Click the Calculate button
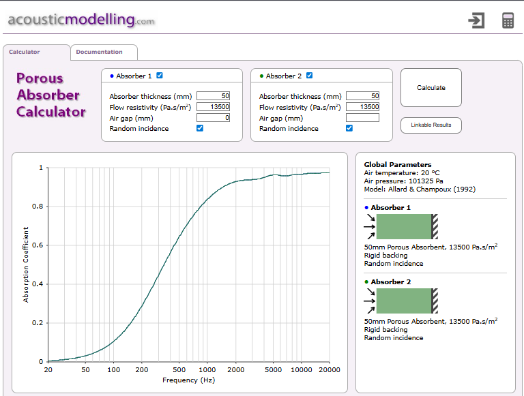tap(431, 87)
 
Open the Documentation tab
tap(100, 52)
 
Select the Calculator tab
tap(25, 52)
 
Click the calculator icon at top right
tap(508, 20)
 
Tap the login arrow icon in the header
tap(476, 20)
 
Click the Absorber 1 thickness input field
tap(213, 96)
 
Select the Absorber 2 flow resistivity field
tap(362, 107)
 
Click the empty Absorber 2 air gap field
tap(362, 118)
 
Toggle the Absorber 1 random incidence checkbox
tap(200, 128)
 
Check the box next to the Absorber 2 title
tap(309, 76)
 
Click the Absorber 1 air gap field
tap(213, 118)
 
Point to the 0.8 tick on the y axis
tap(40, 206)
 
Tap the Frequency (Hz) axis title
tap(188, 380)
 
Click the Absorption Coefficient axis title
tap(26, 264)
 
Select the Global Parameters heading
tap(397, 164)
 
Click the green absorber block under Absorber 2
tap(404, 301)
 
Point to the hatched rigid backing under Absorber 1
tap(435, 226)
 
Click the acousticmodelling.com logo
tap(81, 20)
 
